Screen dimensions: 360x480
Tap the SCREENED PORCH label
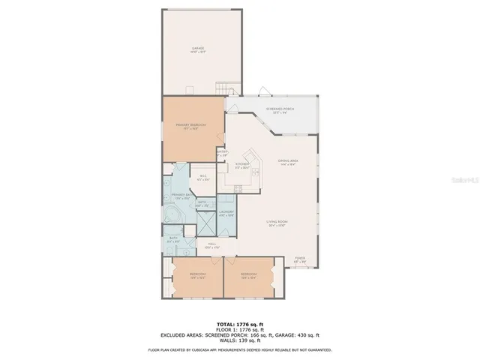coord(279,110)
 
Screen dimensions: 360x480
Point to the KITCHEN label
coord(242,165)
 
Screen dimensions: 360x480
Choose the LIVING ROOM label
coord(278,223)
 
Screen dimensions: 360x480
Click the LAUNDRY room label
coord(226,213)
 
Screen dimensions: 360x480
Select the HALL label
coord(212,245)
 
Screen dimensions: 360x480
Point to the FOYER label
coord(300,259)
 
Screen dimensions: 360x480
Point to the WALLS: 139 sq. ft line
coord(239,340)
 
